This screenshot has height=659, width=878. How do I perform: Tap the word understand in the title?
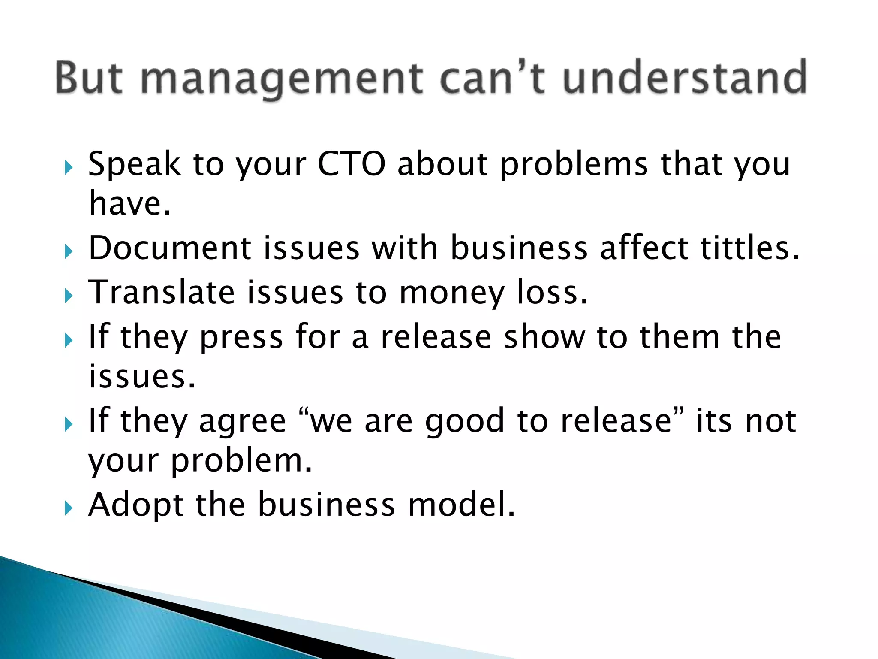point(685,78)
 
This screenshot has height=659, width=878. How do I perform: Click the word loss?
point(552,292)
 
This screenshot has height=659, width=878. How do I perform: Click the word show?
point(544,337)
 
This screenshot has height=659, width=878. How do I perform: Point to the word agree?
point(242,423)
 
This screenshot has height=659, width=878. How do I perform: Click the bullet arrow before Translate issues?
point(68,296)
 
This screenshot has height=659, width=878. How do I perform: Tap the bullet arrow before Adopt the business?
point(68,508)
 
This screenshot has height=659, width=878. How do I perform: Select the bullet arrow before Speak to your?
point(68,167)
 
